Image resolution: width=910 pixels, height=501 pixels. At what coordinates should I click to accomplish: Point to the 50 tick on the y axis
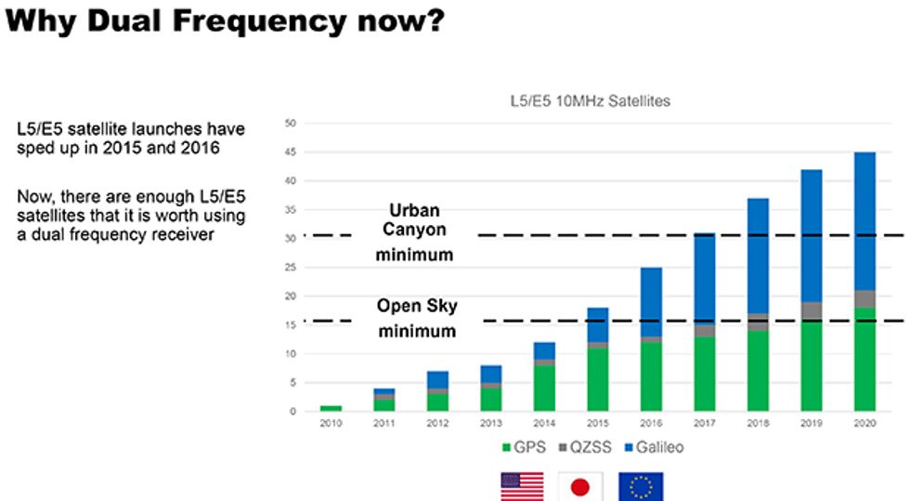pyautogui.click(x=291, y=124)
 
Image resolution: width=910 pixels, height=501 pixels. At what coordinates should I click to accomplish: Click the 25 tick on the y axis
pyautogui.click(x=291, y=268)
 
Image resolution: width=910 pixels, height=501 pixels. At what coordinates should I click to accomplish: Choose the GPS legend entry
pyautogui.click(x=524, y=448)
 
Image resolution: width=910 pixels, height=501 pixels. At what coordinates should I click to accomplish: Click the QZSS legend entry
pyautogui.click(x=586, y=448)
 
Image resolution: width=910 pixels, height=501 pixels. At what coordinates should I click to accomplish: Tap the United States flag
pyautogui.click(x=523, y=486)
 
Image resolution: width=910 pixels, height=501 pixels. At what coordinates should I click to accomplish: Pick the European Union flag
pyautogui.click(x=641, y=486)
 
